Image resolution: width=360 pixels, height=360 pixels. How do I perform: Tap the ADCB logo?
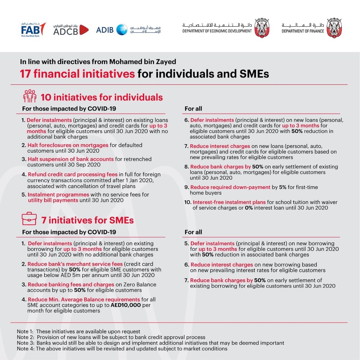tap(71, 30)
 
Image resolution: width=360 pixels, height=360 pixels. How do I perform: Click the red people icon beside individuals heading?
tap(30, 96)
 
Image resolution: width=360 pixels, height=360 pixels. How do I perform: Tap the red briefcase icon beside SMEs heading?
tap(29, 219)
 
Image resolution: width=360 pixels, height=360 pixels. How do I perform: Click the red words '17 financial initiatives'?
tap(77, 74)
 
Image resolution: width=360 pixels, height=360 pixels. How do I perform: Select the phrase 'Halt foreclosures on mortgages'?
tap(68, 145)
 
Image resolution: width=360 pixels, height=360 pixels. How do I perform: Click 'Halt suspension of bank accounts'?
tap(70, 159)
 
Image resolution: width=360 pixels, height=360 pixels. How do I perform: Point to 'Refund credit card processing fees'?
tap(73, 175)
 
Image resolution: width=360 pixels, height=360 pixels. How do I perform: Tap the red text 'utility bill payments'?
tap(53, 200)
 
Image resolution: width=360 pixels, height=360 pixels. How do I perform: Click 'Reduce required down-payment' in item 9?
tap(230, 187)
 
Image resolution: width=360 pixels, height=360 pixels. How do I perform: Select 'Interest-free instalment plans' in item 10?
tap(229, 202)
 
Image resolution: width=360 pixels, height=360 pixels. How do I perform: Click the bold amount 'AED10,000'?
tap(126, 305)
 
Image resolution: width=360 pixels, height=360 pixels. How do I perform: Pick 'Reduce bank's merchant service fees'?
tap(75, 264)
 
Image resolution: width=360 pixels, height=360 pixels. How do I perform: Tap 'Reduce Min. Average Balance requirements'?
tap(84, 299)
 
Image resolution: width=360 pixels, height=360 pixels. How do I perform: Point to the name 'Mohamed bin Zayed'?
tap(142, 62)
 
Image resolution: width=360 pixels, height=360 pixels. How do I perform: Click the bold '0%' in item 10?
tap(248, 208)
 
